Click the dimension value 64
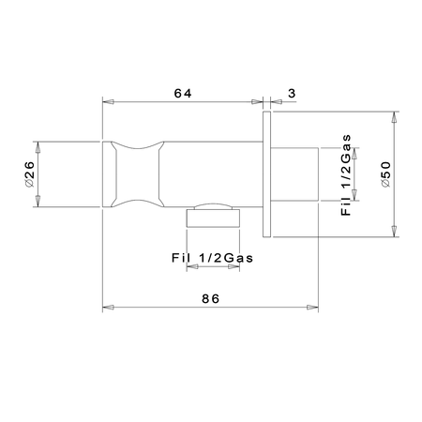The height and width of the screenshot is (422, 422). [183, 93]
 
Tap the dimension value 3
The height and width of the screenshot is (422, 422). [292, 93]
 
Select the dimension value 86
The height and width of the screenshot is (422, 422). [210, 299]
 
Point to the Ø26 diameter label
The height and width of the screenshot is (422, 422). [29, 174]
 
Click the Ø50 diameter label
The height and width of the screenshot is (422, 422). [386, 174]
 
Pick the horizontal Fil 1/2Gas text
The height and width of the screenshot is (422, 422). [212, 258]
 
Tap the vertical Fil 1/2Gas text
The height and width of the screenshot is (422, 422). [346, 175]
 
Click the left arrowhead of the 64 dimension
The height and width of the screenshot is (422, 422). [108, 102]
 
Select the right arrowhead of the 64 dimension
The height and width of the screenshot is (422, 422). [257, 102]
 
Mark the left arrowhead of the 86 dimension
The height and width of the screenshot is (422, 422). [108, 308]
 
